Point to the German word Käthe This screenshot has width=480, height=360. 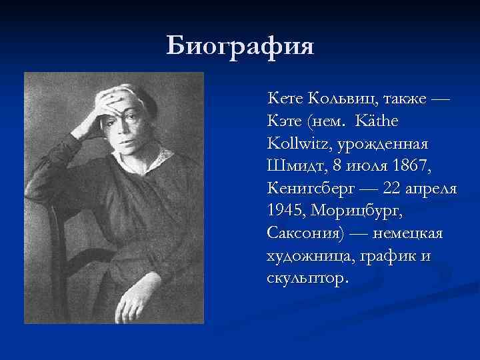pos(379,122)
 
